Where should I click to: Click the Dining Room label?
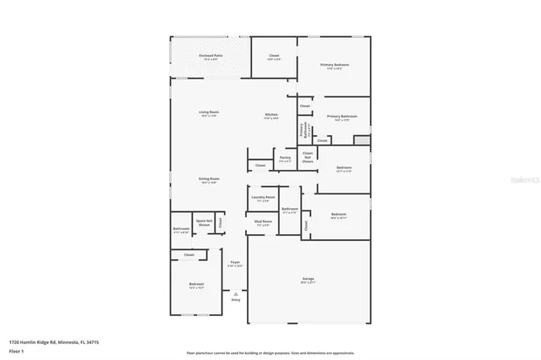(209, 179)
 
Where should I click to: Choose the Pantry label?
(285, 157)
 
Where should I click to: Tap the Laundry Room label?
(264, 198)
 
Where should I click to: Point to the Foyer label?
(235, 263)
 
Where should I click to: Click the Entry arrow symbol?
(235, 292)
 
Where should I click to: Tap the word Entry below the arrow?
(235, 300)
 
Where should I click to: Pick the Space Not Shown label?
(203, 222)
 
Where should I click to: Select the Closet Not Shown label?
(308, 156)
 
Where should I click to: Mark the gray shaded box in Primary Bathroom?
(362, 139)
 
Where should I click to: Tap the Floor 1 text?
(15, 350)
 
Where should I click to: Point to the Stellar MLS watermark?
(527, 179)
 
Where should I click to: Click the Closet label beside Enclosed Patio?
(274, 56)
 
